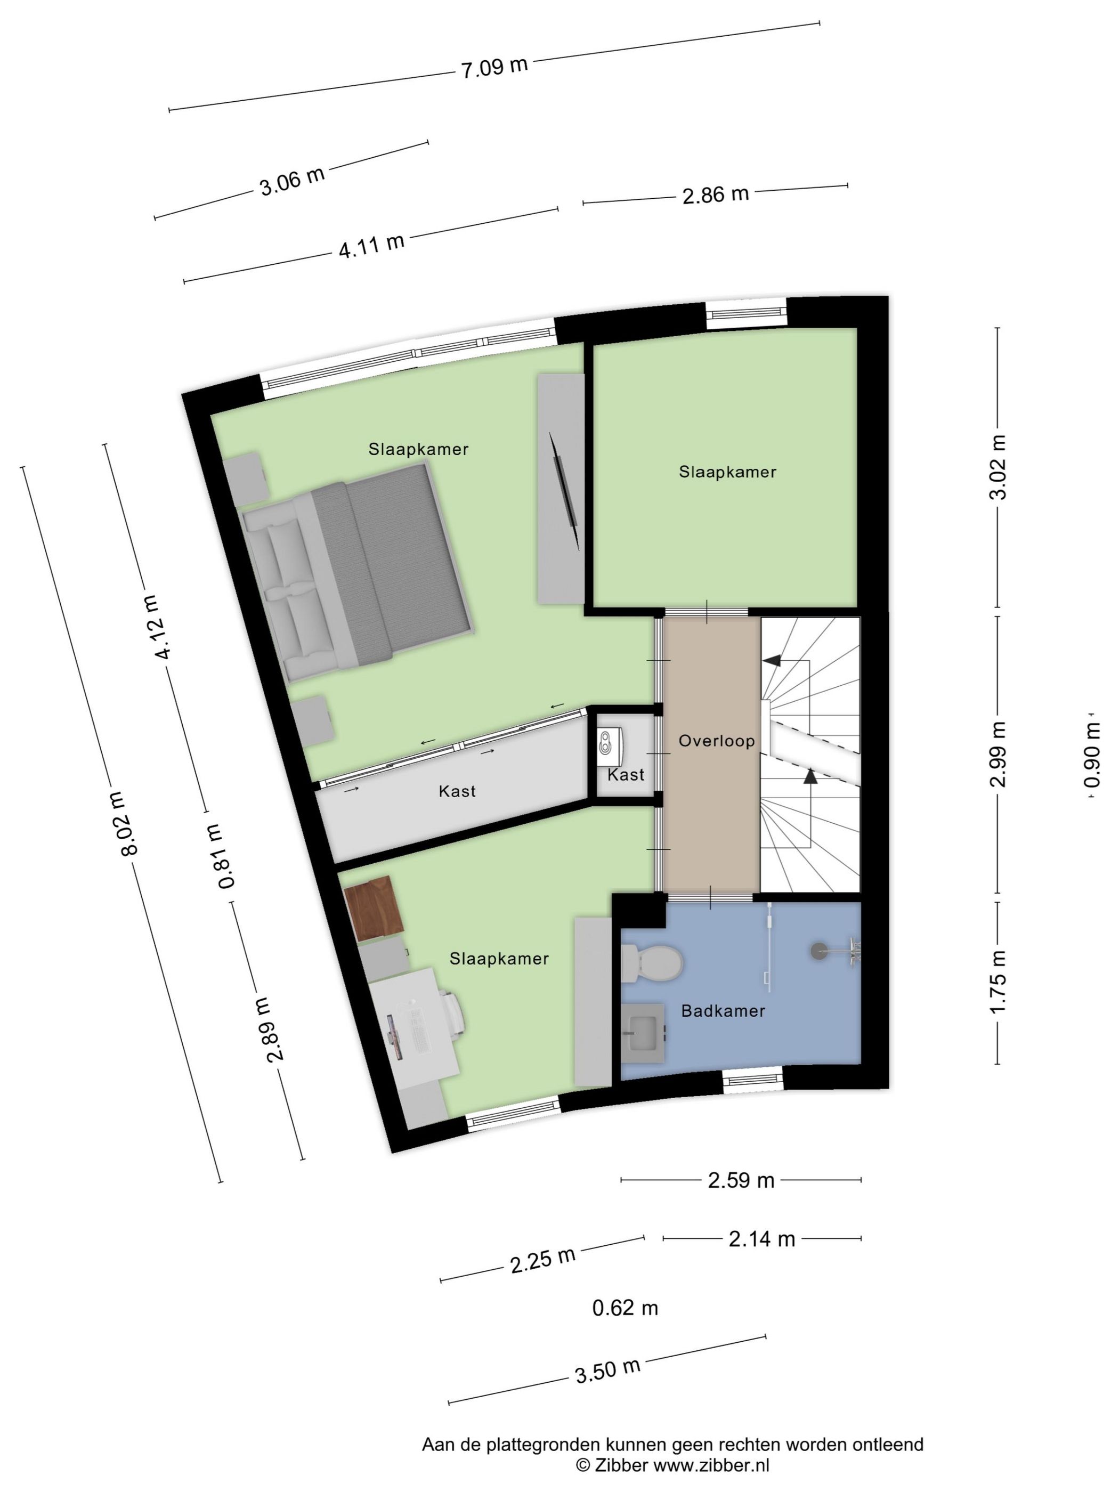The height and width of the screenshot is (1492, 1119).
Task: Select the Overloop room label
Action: [x=716, y=741]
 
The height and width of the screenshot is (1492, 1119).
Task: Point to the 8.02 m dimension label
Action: [x=128, y=822]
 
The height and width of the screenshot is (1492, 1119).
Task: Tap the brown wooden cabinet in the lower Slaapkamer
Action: [x=373, y=907]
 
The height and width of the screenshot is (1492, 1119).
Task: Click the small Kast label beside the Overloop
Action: [x=625, y=774]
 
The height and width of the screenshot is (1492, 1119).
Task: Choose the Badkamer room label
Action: [x=723, y=1010]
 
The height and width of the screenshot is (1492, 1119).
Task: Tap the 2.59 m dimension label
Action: [x=741, y=1180]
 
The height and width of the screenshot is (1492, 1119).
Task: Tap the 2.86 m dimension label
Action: [x=715, y=195]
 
